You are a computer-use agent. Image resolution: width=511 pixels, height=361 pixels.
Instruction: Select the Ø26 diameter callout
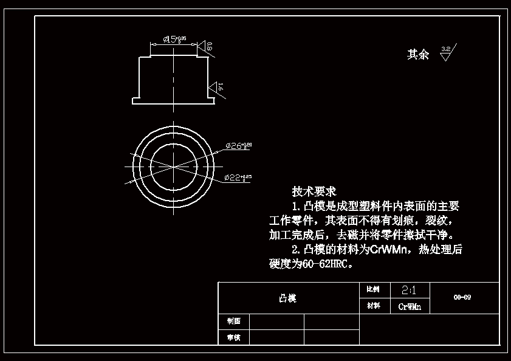coord(238,145)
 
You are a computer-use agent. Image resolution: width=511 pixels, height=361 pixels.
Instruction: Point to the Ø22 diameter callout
coord(238,177)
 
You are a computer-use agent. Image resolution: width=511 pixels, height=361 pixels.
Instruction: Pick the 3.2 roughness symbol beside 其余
coord(446,53)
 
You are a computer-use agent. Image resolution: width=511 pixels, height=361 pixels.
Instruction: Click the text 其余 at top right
coord(417,55)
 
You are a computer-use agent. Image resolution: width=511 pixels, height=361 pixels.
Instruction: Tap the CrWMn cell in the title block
coord(410,306)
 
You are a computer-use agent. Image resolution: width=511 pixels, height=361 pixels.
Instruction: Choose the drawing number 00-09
coord(462,298)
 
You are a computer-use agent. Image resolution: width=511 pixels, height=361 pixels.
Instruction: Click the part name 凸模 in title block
coord(287,298)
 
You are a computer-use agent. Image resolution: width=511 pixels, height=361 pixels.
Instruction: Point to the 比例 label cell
coord(374,290)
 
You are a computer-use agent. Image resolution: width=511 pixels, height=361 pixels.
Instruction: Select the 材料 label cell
coord(374,306)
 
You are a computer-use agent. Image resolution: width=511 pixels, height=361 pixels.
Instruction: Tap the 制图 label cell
coord(233,321)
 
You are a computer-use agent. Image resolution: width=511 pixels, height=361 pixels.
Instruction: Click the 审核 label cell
coord(233,337)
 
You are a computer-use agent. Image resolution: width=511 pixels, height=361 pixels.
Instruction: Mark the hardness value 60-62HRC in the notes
coord(324,264)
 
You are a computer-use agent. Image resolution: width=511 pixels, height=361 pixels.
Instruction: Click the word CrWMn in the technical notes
coord(391,250)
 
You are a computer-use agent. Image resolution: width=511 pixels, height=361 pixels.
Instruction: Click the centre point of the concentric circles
coord(174,166)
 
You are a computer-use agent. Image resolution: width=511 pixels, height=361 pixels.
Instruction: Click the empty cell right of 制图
coord(276,321)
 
